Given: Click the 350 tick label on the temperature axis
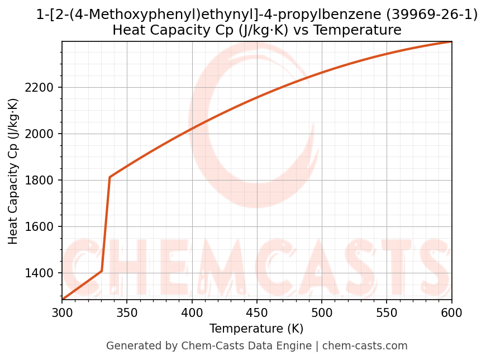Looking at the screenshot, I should tap(127, 312).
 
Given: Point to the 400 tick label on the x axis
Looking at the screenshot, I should tap(192, 312).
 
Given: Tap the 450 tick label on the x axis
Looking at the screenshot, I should tap(257, 312).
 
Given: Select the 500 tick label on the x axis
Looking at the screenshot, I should tap(322, 312).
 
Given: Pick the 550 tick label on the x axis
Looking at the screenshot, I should tap(387, 312).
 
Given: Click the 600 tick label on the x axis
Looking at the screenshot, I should tap(451, 312).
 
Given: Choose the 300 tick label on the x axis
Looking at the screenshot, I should tap(62, 312).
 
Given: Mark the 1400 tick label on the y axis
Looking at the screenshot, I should tap(42, 273).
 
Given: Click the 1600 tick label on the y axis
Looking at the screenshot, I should tap(42, 227).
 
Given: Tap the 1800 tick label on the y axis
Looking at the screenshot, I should tap(42, 181).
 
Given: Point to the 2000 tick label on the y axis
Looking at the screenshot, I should tap(42, 134).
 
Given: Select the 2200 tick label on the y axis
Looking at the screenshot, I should tap(42, 88).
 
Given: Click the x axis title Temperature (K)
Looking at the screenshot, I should tap(256, 329).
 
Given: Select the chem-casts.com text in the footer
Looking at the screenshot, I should tap(365, 346).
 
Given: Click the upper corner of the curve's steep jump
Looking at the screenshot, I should tap(109, 177).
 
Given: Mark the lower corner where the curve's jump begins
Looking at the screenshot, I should tap(102, 271).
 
